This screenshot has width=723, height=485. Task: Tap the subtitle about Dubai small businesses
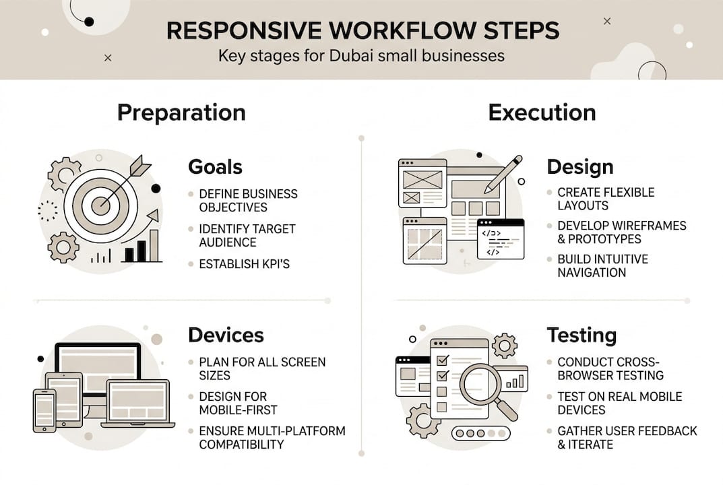[x=361, y=55]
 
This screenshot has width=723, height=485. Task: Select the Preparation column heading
[x=181, y=112]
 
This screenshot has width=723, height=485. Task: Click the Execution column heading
[x=542, y=112]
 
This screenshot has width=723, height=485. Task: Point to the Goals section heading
[x=215, y=166]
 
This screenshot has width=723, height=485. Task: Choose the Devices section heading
[x=226, y=335]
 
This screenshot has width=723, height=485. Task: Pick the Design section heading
[x=579, y=166]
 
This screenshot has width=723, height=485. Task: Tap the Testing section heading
[x=581, y=335]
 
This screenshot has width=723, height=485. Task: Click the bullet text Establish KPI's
[x=244, y=264]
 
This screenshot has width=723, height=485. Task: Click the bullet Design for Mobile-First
[x=238, y=403]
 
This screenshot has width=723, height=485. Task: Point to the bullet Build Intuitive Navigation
[x=602, y=266]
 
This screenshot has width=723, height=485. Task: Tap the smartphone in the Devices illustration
[x=44, y=410]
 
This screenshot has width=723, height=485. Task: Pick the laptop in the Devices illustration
[x=137, y=404]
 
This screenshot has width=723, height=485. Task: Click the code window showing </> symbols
[x=500, y=240]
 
